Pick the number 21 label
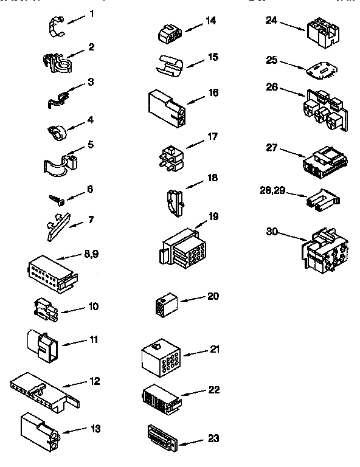click(x=215, y=349)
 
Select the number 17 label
click(x=212, y=136)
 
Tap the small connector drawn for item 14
click(x=168, y=35)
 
